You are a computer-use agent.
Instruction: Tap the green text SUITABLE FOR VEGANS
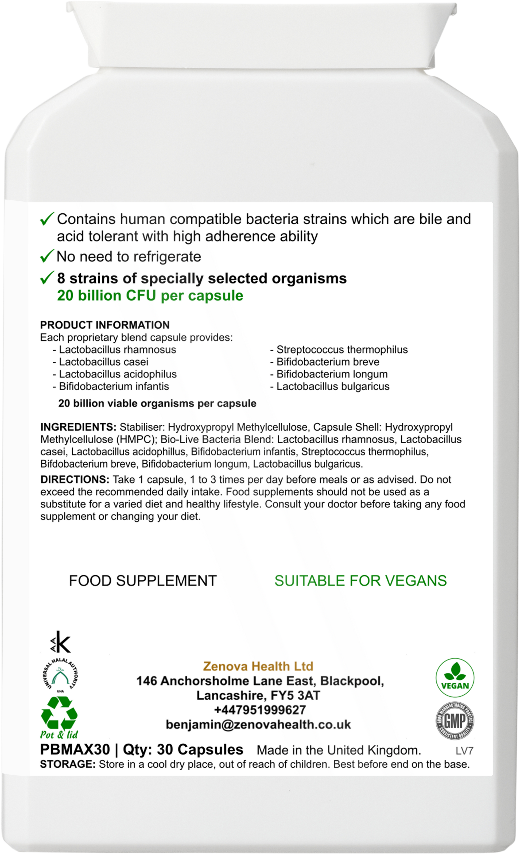[361, 580]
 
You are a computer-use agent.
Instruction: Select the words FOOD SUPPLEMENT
[143, 580]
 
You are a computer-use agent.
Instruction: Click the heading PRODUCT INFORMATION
[105, 325]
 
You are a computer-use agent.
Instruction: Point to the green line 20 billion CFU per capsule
[150, 296]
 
